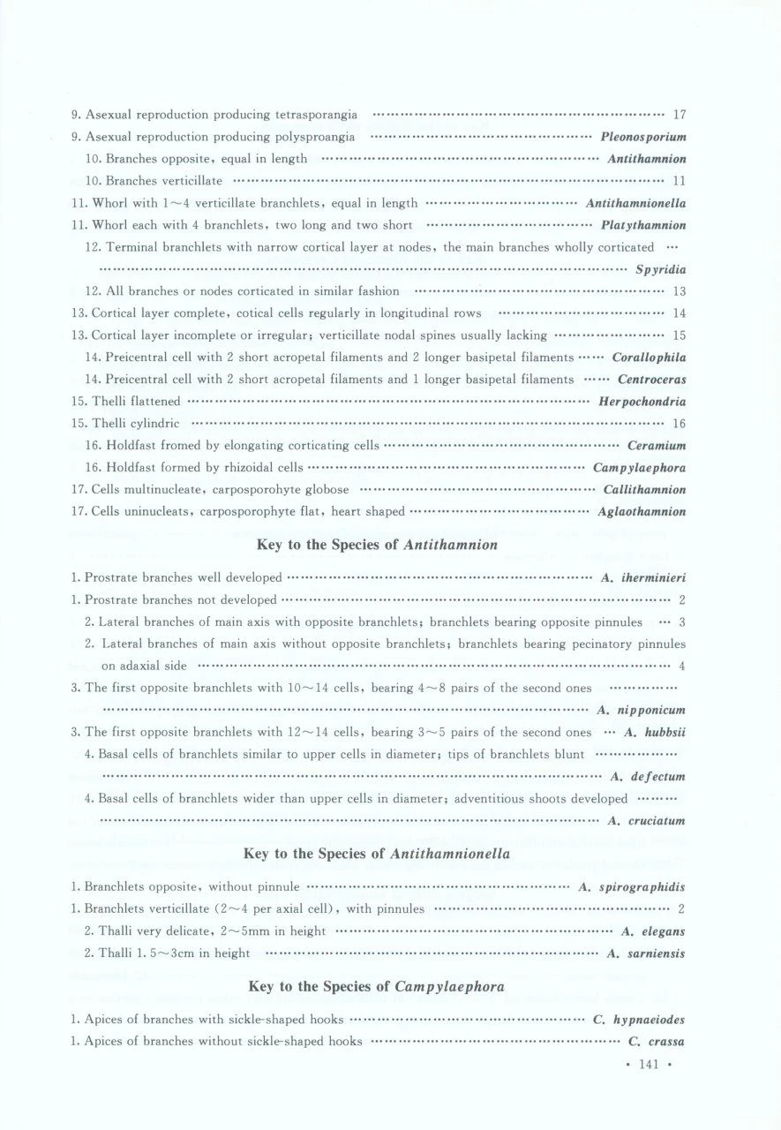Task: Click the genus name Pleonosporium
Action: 643,137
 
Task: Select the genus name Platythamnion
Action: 643,225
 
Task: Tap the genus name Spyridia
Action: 661,269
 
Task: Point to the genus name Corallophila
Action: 649,358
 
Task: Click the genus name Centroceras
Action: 652,380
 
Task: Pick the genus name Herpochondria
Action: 642,402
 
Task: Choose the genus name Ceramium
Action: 657,446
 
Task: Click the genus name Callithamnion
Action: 644,490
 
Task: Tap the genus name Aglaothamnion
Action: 642,512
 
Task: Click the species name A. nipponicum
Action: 642,711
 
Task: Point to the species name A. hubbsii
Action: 655,733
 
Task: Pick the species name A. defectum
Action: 648,777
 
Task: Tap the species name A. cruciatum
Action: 648,821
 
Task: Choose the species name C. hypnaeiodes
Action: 639,1020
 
